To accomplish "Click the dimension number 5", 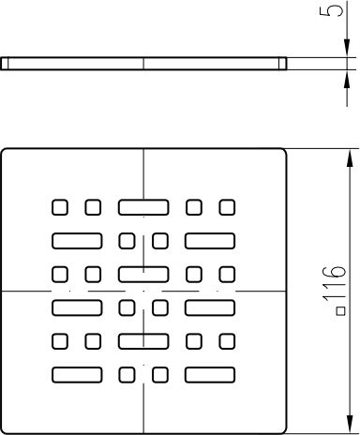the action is pos(331,11).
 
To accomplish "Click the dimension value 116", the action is pos(335,284).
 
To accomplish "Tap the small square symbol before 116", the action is pos(341,311).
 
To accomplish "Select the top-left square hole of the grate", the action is pos(59,207).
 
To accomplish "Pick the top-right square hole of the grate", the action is pos(227,207).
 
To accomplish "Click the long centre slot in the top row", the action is pos(143,207).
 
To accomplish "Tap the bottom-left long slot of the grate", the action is pos(77,375).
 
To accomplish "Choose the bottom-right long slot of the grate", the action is pos(210,375).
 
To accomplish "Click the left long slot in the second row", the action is pos(77,241).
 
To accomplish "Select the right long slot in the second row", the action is pos(210,241).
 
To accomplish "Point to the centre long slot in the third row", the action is pos(143,275).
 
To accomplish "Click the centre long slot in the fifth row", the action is pos(143,341).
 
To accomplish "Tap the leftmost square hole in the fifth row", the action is pos(59,341).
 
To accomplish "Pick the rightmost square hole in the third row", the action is pos(227,275).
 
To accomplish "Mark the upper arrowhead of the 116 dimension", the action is pos(350,159).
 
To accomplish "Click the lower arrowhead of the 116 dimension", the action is pos(350,424).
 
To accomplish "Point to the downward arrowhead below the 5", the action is pos(347,48).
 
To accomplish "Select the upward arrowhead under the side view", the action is pos(347,80).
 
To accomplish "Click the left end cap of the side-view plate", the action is pos(5,64).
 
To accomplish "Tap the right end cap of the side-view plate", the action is pos(282,64).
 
